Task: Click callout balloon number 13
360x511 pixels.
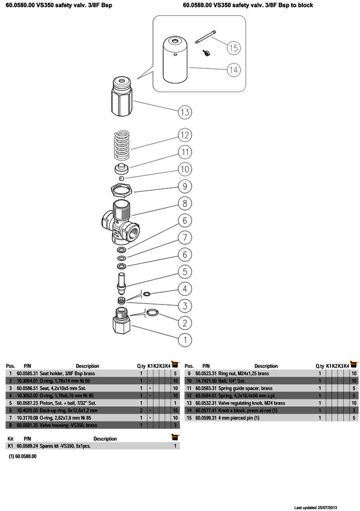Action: pyautogui.click(x=185, y=113)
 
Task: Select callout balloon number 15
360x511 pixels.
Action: pyautogui.click(x=233, y=48)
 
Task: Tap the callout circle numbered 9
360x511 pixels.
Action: pyautogui.click(x=185, y=186)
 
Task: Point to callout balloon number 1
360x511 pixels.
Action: pyautogui.click(x=185, y=340)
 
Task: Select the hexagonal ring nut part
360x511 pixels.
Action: pyautogui.click(x=122, y=188)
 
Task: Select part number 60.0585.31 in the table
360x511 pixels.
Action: pyautogui.click(x=27, y=373)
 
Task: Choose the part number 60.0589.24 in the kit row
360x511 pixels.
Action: pyautogui.click(x=27, y=446)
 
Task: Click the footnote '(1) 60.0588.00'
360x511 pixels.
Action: pyautogui.click(x=23, y=456)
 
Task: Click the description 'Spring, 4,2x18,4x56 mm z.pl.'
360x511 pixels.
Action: pyautogui.click(x=247, y=396)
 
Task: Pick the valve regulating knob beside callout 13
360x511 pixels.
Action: pyautogui.click(x=122, y=96)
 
